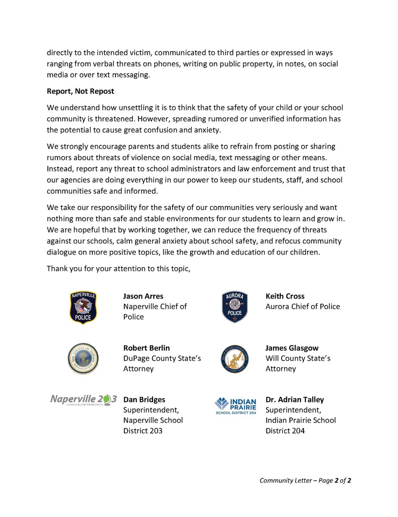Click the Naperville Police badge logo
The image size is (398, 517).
pyautogui.click(x=83, y=307)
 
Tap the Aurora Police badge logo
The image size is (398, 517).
pyautogui.click(x=235, y=307)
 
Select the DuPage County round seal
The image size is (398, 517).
pyautogui.click(x=83, y=358)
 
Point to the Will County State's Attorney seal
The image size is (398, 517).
pyautogui.click(x=235, y=358)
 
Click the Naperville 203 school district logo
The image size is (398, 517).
pyautogui.click(x=83, y=400)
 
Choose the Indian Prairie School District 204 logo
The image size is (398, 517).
pyautogui.click(x=235, y=405)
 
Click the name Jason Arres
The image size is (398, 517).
pyautogui.click(x=143, y=296)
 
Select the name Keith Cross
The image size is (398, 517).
pyautogui.click(x=285, y=296)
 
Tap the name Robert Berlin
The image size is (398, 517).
pyautogui.click(x=147, y=348)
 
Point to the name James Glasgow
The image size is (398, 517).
pyautogui.click(x=292, y=348)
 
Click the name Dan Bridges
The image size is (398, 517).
pyautogui.click(x=144, y=399)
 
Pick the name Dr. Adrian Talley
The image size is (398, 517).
pyautogui.click(x=295, y=399)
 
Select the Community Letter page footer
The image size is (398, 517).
pyautogui.click(x=305, y=480)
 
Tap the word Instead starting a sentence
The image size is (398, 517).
pyautogui.click(x=61, y=169)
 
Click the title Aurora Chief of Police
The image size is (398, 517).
pyautogui.click(x=303, y=307)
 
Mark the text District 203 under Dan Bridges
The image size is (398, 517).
pyautogui.click(x=143, y=430)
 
